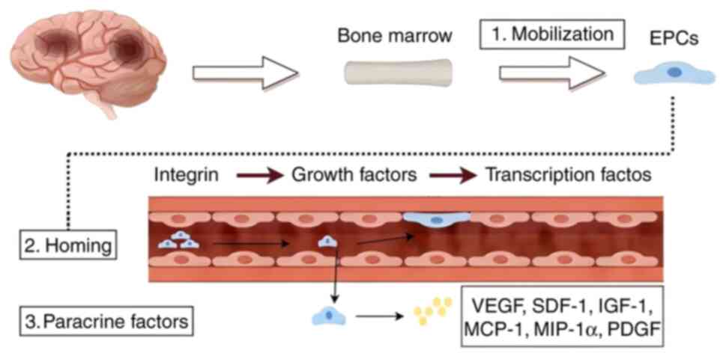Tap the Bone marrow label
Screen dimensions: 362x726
pos(394,37)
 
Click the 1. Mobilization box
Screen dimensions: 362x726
pos(552,34)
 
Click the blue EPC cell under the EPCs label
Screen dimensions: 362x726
pos(673,73)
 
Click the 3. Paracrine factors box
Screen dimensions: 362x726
pos(105,323)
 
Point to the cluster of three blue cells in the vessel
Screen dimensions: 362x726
pos(180,240)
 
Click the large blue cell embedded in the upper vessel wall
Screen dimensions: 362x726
pos(437,218)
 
